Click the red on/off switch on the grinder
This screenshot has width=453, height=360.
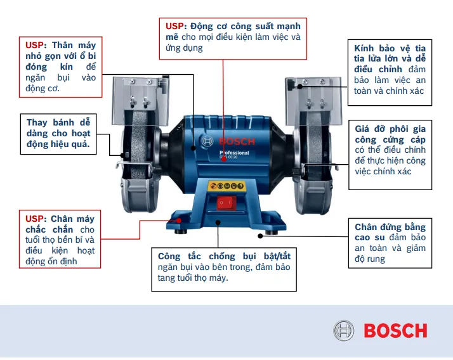225,203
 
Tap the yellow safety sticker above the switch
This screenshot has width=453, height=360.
226,186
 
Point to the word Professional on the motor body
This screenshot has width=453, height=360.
234,153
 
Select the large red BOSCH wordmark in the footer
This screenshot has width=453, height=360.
395,331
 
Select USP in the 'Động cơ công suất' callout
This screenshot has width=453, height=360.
174,27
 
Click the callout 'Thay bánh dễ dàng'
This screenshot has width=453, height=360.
58,134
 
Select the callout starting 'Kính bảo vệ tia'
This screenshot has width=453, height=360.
390,70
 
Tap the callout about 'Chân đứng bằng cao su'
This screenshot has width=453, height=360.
390,243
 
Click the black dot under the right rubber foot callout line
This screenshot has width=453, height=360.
260,236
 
